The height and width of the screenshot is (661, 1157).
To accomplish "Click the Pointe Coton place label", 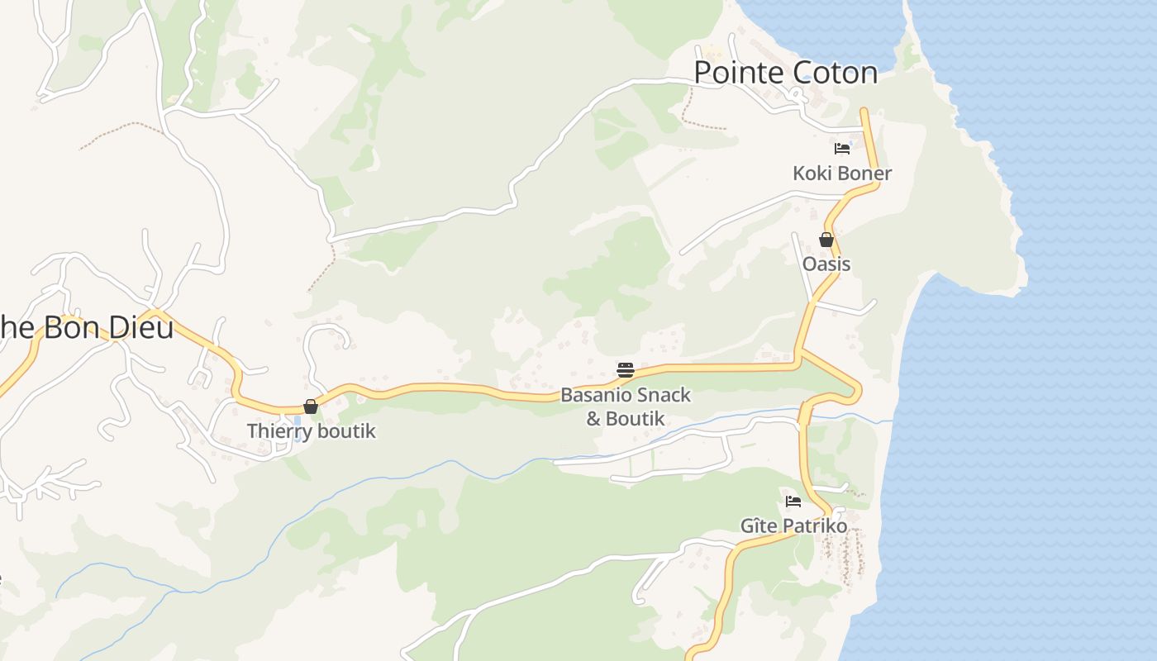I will (x=785, y=73).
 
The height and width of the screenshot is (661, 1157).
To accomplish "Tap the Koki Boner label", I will (x=842, y=174).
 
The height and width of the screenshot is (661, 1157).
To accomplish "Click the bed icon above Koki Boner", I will (x=842, y=149).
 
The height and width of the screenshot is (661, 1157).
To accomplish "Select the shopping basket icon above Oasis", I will (x=826, y=240).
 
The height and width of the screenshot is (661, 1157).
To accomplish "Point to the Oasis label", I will (x=826, y=264).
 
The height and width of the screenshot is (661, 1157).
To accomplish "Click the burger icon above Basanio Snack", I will (x=626, y=370).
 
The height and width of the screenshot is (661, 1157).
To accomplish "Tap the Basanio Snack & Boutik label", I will (x=626, y=407).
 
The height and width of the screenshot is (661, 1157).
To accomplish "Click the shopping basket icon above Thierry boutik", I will (x=311, y=407).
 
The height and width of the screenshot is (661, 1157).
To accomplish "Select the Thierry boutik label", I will (x=312, y=431).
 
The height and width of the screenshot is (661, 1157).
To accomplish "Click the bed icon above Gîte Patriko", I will (x=793, y=501).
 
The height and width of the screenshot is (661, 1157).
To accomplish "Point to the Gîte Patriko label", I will (x=793, y=526).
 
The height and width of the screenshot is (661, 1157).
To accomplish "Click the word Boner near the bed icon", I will (x=864, y=174).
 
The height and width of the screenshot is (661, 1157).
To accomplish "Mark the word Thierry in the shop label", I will (x=279, y=431).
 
